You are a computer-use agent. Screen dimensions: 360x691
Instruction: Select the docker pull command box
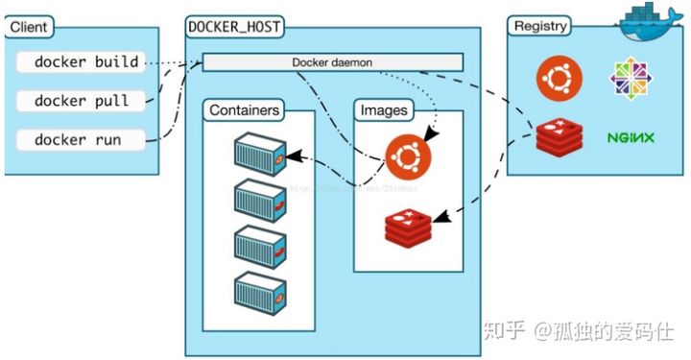tap(82, 101)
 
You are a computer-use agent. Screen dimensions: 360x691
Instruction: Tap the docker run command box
tap(82, 139)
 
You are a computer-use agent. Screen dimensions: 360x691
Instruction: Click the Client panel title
tap(28, 28)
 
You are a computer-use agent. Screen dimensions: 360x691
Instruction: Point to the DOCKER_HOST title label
tap(235, 27)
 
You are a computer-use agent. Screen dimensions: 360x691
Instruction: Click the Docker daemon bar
tap(332, 62)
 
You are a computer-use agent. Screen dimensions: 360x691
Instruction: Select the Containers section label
tap(245, 110)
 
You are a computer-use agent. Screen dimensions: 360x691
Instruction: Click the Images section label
tap(383, 110)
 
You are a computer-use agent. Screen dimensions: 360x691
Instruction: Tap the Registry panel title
tap(541, 27)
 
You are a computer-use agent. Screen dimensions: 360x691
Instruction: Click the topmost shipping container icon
tap(260, 155)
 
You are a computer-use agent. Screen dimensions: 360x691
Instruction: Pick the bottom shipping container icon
tap(260, 288)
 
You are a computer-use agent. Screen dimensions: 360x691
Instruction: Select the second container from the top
tap(260, 199)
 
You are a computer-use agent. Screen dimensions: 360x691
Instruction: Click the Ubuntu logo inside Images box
tap(408, 156)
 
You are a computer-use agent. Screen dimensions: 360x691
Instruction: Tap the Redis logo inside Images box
tap(408, 227)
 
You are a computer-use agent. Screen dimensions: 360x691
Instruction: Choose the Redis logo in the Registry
tap(558, 138)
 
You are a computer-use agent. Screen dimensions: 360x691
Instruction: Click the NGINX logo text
tap(631, 138)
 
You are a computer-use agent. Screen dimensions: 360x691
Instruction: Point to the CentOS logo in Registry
tap(631, 79)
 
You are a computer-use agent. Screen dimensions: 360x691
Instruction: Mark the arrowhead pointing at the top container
tap(292, 154)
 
